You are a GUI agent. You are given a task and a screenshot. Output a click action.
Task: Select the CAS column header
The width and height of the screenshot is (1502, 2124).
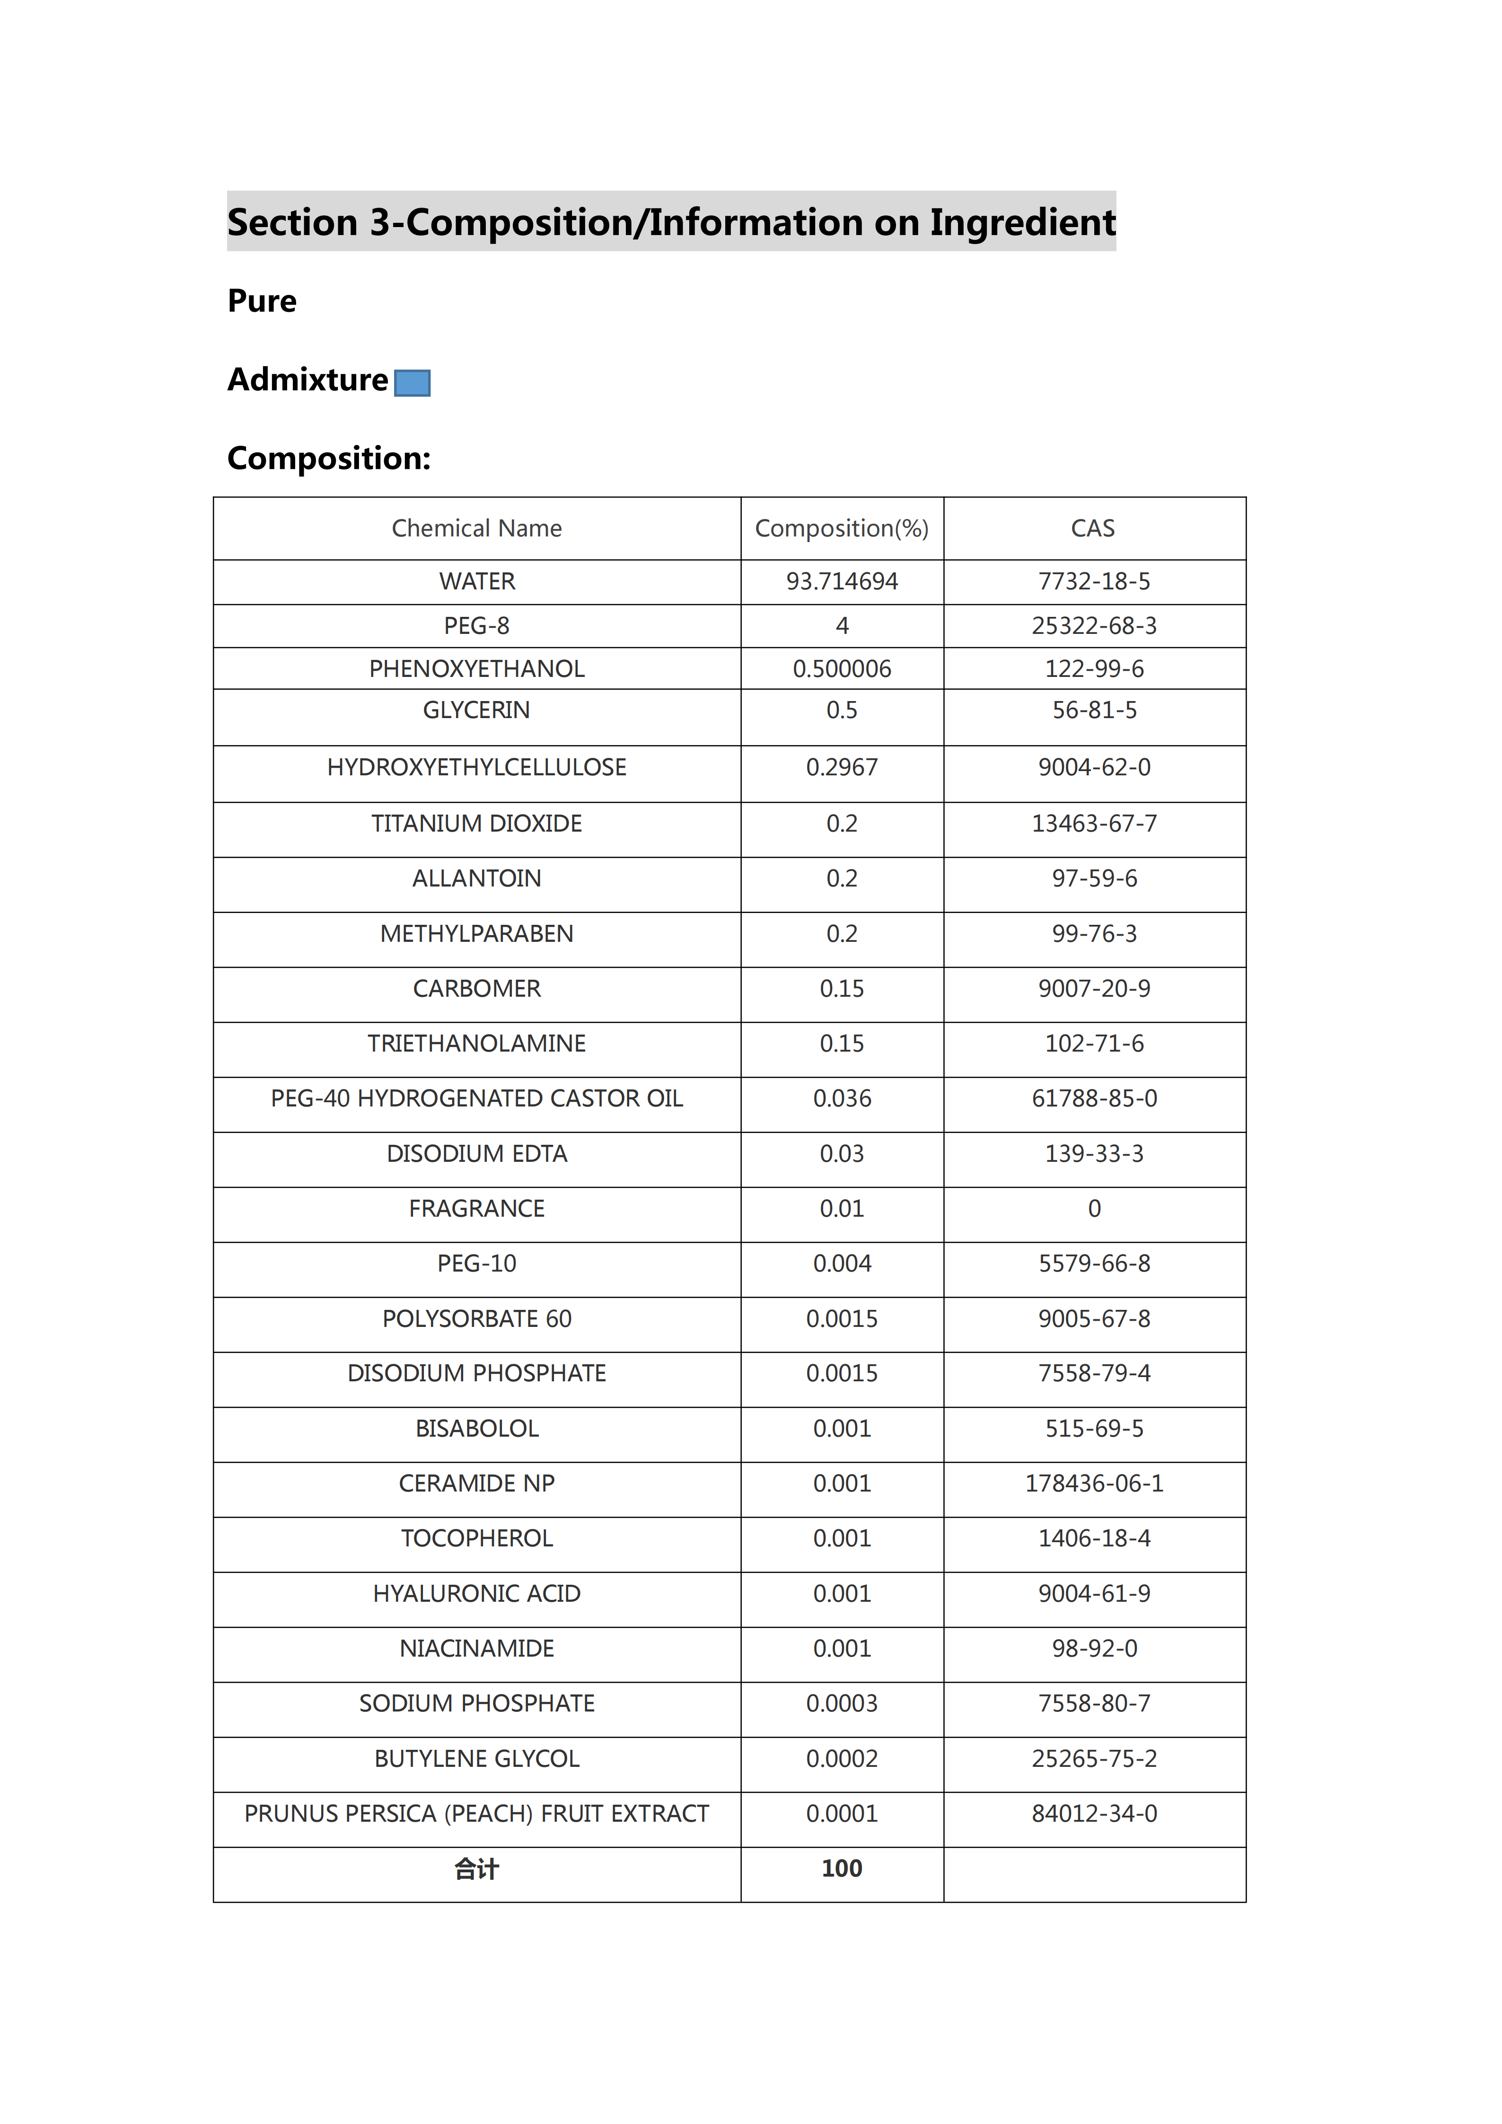[1093, 528]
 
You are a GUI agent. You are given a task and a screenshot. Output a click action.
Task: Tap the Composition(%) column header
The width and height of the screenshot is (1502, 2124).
[842, 528]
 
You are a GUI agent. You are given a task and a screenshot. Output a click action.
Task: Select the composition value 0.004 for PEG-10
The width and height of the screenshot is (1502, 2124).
[842, 1264]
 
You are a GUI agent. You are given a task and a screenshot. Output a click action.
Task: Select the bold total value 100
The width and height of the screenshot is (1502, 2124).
[842, 1869]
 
